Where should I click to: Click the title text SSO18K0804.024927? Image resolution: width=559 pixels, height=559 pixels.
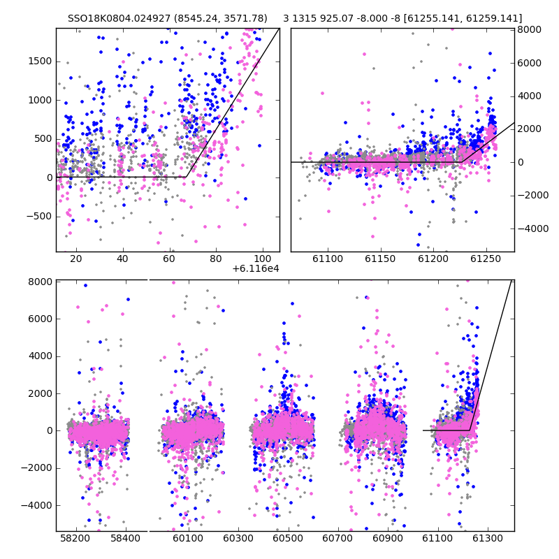click(119, 18)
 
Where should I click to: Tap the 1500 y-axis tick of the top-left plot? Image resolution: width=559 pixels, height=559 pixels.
click(40, 61)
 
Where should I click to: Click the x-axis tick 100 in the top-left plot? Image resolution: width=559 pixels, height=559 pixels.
click(263, 259)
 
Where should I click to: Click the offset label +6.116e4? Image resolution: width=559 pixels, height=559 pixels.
click(256, 268)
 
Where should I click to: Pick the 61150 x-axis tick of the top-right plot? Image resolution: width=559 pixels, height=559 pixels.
click(380, 259)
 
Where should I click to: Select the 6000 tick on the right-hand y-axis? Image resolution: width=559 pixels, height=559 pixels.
click(530, 63)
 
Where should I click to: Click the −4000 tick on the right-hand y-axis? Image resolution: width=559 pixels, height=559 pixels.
click(533, 228)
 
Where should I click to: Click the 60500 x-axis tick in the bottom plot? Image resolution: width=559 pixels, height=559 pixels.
click(288, 538)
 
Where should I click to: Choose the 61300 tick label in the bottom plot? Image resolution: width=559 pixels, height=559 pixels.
click(487, 538)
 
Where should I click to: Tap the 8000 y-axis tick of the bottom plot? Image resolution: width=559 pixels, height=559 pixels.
click(40, 282)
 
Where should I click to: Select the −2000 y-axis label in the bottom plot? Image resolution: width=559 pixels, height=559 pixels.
click(37, 468)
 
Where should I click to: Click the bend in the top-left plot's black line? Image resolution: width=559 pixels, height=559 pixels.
click(187, 177)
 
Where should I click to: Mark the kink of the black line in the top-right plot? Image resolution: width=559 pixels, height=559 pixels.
click(462, 162)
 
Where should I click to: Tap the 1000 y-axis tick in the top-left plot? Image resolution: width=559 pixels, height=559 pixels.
click(40, 100)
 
